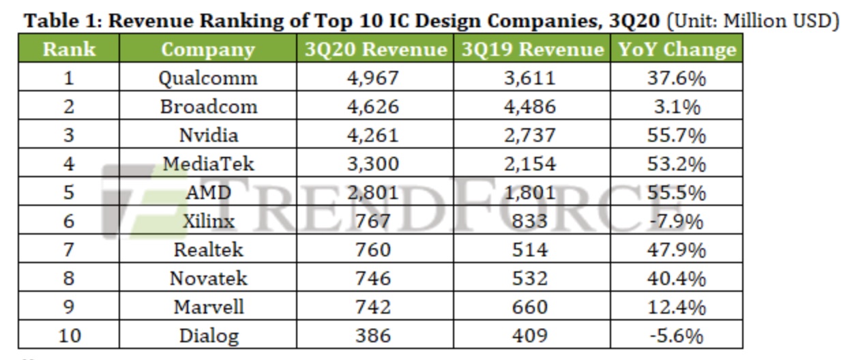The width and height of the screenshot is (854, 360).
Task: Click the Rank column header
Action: [68, 50]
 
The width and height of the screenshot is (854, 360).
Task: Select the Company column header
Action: [207, 50]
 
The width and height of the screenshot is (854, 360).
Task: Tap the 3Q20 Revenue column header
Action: [375, 50]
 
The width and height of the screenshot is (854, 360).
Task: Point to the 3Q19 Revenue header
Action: [532, 50]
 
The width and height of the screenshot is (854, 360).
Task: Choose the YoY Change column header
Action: [677, 50]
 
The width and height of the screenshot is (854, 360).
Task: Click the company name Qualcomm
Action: [208, 78]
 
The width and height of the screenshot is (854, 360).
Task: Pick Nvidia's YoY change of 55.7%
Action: [676, 135]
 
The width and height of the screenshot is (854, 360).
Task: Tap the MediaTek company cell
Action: [208, 164]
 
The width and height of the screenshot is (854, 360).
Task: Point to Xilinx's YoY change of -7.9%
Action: [676, 221]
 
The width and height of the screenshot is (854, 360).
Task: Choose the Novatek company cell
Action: [208, 278]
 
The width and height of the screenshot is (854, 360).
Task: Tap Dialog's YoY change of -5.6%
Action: [676, 335]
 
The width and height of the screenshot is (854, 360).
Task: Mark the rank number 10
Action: [68, 335]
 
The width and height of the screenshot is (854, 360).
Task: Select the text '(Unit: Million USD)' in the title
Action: [752, 21]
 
